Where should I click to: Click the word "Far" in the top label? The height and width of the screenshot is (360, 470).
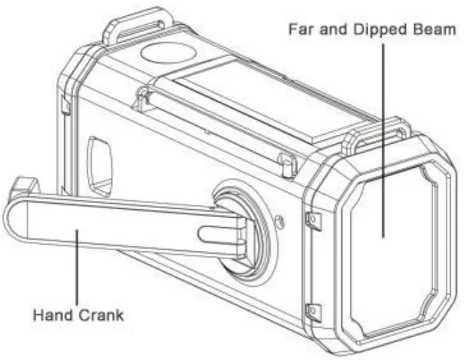coord(299,30)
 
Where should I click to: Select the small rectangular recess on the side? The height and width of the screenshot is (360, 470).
coord(100,166)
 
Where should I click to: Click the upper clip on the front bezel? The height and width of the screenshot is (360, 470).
coord(312,220)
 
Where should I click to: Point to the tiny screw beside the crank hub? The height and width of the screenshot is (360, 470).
coord(279,222)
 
